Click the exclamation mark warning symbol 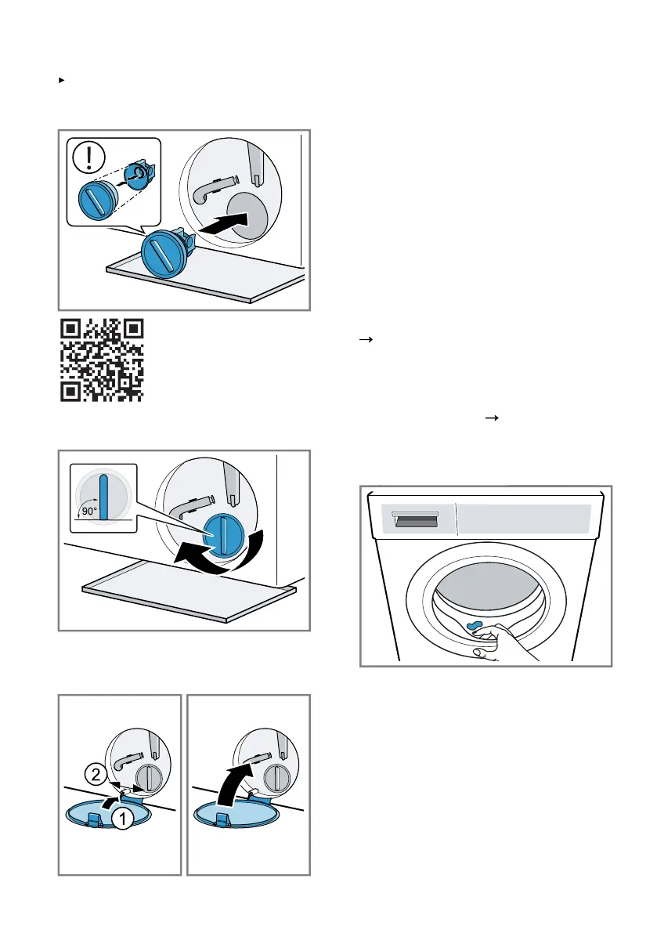coord(88,157)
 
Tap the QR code coord(102,360)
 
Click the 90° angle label coord(88,511)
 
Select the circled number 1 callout coord(122,819)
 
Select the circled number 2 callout coord(96,775)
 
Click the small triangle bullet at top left coord(61,80)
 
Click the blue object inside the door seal coord(474,626)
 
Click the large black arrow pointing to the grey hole coord(224,224)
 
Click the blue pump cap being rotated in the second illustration coord(224,533)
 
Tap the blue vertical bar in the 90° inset coord(104,496)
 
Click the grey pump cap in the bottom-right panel coord(276,778)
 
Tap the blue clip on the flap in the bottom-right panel coord(223,819)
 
